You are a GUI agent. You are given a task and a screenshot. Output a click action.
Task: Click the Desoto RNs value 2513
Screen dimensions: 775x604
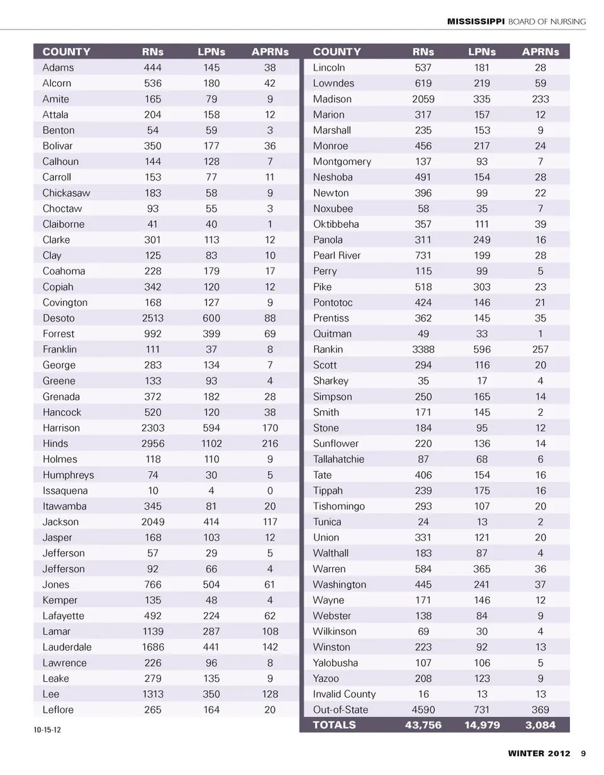click(153, 318)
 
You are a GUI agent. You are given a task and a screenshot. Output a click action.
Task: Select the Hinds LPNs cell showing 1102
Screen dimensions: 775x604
click(211, 443)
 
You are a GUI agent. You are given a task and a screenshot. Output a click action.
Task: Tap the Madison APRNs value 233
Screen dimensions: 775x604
click(540, 99)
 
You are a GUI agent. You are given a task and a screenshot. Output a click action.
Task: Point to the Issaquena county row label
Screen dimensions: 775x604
click(65, 491)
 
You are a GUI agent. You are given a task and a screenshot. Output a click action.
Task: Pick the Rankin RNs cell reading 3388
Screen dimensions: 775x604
click(423, 349)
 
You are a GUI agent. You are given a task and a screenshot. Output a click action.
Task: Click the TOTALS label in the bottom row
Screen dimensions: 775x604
click(334, 725)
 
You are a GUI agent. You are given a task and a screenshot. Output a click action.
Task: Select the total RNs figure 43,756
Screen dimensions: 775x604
click(423, 725)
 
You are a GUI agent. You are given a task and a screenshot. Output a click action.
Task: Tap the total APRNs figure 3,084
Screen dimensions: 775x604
click(540, 725)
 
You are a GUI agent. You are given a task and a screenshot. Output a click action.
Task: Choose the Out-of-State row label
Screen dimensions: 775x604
click(340, 710)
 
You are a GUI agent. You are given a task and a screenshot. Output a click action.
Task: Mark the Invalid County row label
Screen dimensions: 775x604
click(344, 694)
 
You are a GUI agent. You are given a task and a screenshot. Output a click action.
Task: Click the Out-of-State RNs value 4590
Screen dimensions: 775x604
click(423, 710)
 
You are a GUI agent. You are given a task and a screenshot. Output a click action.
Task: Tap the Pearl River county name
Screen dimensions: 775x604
click(337, 255)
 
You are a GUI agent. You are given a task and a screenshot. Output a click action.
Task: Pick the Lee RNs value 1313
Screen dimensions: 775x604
click(153, 694)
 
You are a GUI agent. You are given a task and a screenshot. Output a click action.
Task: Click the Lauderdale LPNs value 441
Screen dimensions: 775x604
click(211, 647)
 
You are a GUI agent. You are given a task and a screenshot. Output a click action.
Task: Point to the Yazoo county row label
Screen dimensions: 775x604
click(326, 678)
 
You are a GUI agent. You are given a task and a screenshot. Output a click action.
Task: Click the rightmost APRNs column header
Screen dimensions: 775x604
click(540, 52)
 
